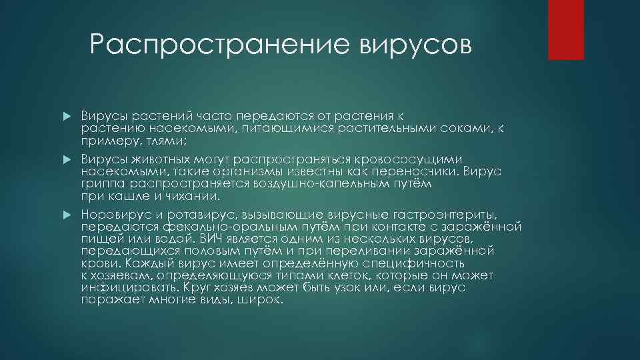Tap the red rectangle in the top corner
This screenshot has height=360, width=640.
565,29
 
